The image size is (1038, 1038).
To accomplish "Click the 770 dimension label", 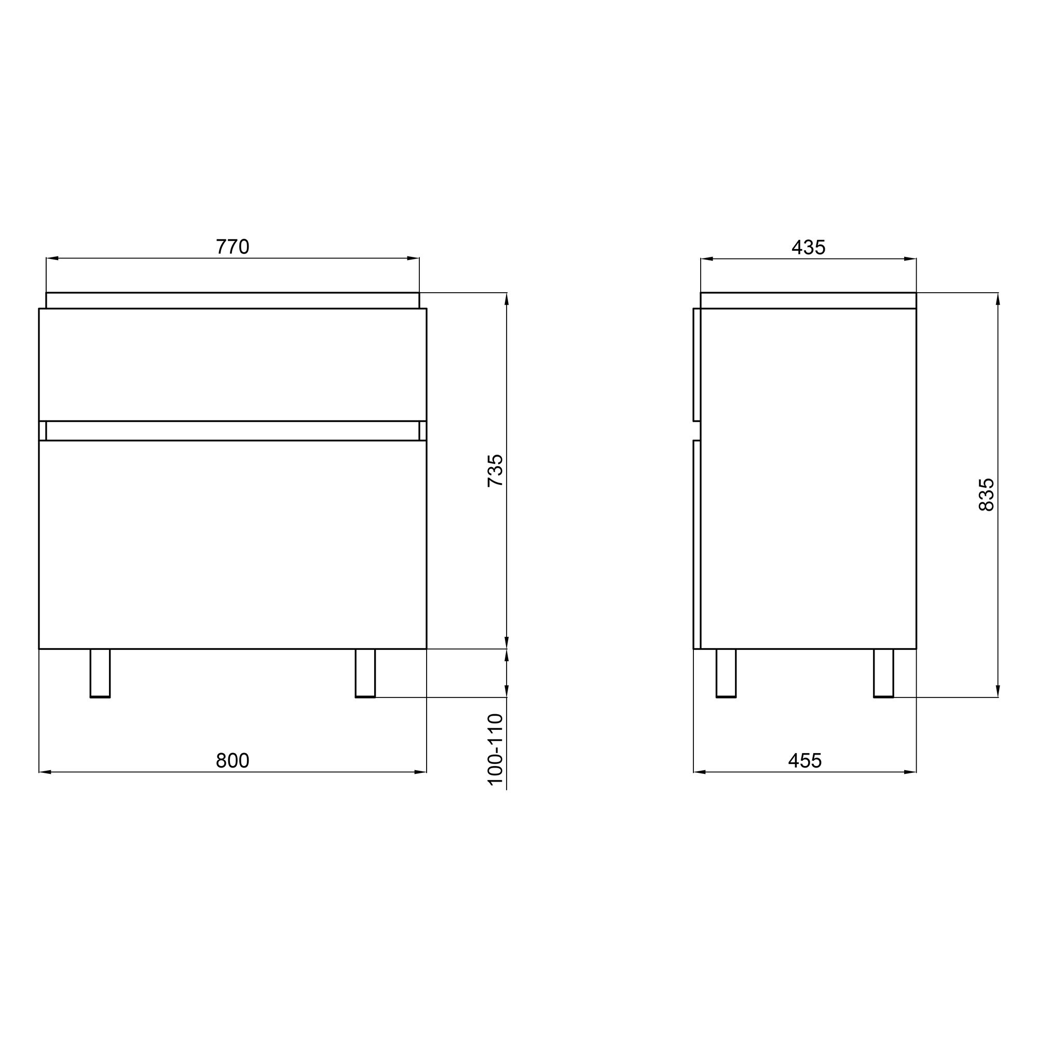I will (x=232, y=247).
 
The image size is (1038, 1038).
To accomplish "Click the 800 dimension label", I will (x=232, y=760).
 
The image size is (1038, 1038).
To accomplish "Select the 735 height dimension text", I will (x=495, y=471).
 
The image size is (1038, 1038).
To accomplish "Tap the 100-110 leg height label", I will (x=495, y=749).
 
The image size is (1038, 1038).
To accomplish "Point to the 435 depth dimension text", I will (x=808, y=247).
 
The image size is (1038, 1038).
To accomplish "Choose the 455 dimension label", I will (x=804, y=760).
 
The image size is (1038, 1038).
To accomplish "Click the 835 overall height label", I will (x=987, y=494).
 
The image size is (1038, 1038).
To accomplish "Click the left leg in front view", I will (x=100, y=673).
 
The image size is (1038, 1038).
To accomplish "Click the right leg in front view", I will (x=365, y=673).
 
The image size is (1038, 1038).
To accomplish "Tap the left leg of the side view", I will (x=726, y=673).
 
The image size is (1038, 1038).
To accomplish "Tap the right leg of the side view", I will (x=883, y=673).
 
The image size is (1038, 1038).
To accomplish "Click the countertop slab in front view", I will (x=232, y=301).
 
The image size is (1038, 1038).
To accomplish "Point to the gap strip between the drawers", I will (x=232, y=431).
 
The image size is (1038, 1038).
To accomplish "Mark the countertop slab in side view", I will (x=808, y=301).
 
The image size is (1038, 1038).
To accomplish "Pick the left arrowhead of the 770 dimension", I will (x=52, y=258).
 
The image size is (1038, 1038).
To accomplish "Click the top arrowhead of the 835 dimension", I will (x=998, y=299).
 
